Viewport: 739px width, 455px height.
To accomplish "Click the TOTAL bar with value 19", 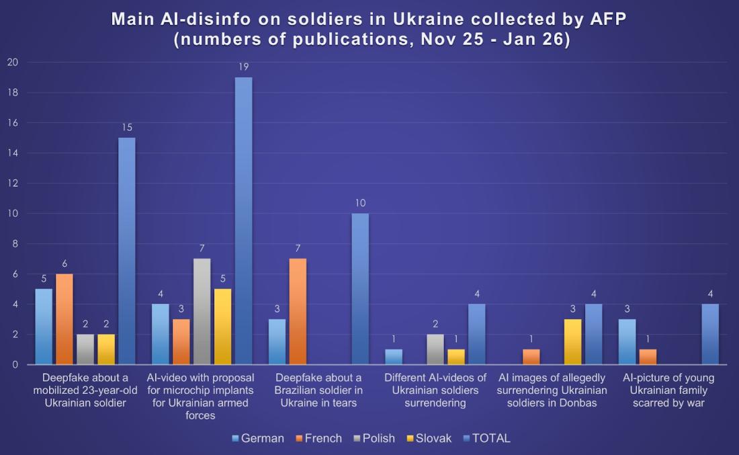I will coord(243,221).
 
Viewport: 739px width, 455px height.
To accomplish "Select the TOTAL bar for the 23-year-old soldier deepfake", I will coord(126,251).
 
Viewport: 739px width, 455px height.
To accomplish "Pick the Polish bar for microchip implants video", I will coord(202,312).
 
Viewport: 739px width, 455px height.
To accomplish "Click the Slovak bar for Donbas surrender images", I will coord(573,342).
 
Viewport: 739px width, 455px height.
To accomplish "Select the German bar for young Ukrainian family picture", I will coord(627,342).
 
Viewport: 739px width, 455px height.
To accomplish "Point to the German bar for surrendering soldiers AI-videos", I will coord(394,357).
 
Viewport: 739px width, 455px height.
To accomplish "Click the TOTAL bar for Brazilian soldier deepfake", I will coord(360,289).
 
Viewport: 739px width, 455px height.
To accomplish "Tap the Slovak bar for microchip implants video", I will coord(222,327).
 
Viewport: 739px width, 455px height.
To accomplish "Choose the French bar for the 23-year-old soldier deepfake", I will coord(64,319).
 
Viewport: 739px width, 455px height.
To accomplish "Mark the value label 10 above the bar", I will coord(360,203).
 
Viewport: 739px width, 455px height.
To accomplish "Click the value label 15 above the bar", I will coord(126,127).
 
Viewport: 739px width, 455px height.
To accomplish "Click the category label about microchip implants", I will coord(202,397).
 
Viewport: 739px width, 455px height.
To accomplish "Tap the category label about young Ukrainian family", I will coord(668,390).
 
